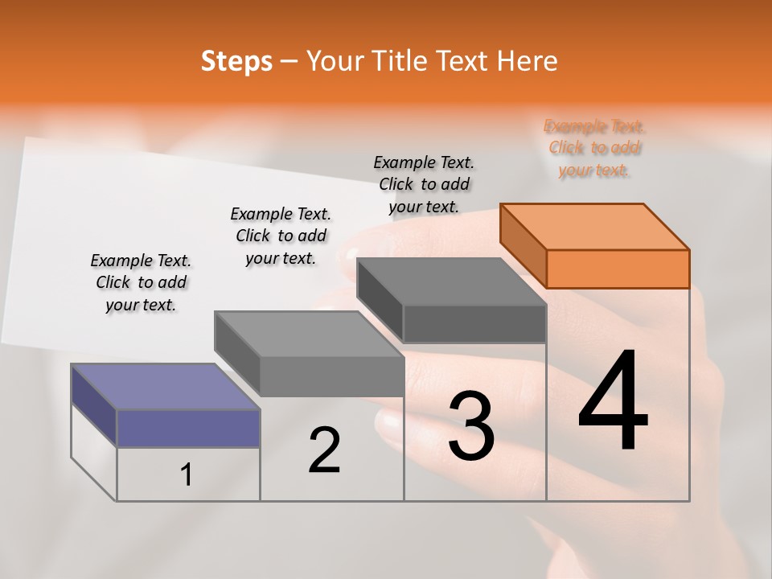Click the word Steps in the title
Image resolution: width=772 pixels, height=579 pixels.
pos(236,61)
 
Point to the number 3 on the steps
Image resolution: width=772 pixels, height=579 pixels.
pos(471,425)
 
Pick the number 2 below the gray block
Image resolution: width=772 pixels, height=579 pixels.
pos(324,450)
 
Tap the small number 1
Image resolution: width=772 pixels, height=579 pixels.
pos(187,474)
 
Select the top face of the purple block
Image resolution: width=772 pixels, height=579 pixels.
pos(165,387)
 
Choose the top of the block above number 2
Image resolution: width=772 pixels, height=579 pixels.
pos(309,334)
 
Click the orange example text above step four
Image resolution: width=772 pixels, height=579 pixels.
pos(594,148)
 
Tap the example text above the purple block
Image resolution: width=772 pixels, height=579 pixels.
pos(141,282)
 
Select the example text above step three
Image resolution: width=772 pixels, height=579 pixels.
pos(424,184)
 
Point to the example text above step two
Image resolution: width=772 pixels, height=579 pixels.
pos(281,236)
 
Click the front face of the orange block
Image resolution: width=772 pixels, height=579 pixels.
pos(618,269)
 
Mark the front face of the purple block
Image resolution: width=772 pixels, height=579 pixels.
pos(188,428)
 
